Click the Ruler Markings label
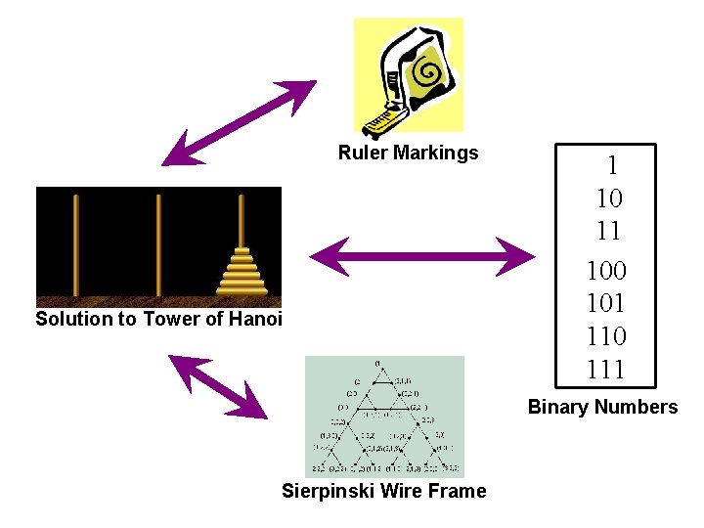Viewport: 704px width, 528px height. [408, 153]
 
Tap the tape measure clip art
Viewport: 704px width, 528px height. [409, 75]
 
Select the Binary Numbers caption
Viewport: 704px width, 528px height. [602, 407]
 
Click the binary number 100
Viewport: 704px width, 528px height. [606, 269]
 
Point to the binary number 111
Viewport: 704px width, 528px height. [606, 370]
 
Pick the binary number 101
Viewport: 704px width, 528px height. [606, 302]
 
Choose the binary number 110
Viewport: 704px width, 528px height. [606, 336]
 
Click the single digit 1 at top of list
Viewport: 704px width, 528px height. [612, 165]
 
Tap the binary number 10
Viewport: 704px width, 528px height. [608, 198]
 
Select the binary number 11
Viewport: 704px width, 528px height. [608, 232]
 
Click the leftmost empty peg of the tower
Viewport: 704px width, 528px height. [75, 244]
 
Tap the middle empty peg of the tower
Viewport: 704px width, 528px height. [157, 244]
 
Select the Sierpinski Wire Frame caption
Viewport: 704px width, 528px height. [383, 491]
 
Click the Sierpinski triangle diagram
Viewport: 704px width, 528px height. [384, 417]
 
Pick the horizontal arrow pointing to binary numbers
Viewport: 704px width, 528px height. [421, 257]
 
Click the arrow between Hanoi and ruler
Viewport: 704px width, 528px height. [239, 122]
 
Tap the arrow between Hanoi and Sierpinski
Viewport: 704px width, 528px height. [217, 387]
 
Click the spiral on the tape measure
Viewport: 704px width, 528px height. [426, 70]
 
